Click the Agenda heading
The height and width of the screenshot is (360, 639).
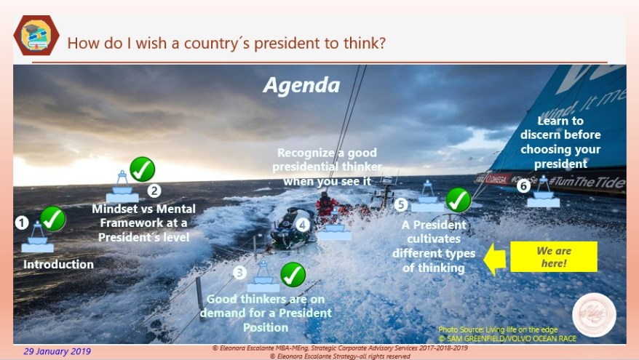click(x=301, y=85)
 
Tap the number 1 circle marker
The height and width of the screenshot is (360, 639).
click(x=22, y=223)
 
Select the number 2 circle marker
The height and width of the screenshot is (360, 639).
click(x=154, y=191)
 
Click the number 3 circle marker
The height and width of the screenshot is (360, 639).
click(x=239, y=273)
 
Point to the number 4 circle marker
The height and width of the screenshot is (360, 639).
click(x=303, y=225)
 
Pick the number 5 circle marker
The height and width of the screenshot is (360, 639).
click(x=401, y=204)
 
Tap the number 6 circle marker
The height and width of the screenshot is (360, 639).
click(x=523, y=185)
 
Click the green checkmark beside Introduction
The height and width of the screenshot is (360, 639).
click(x=52, y=218)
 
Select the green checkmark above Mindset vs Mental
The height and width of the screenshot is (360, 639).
click(x=142, y=169)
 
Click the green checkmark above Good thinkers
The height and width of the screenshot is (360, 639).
click(x=293, y=274)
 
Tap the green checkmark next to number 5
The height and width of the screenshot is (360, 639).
click(x=458, y=199)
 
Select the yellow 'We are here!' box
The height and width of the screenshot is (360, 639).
click(x=553, y=257)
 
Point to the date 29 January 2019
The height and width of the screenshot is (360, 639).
click(x=57, y=351)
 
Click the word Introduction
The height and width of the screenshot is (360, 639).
click(x=58, y=264)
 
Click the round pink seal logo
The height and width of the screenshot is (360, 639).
click(x=594, y=315)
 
